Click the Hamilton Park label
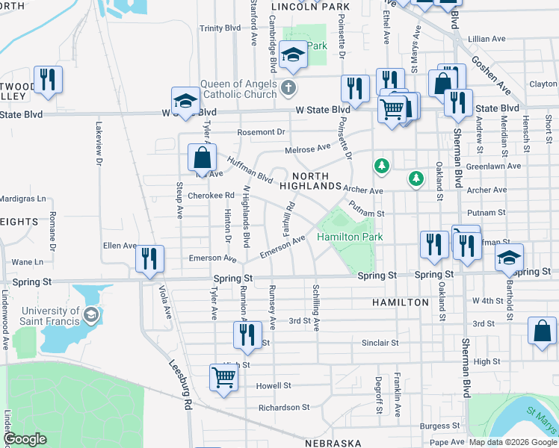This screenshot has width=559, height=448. [350, 237]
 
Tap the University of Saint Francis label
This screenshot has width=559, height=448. [50, 316]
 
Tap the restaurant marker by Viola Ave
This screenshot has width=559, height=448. [149, 258]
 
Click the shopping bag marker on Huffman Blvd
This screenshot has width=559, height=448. [202, 158]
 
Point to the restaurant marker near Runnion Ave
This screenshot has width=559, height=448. [248, 335]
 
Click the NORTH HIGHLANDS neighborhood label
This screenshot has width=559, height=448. [315, 181]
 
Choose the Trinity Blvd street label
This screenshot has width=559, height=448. [220, 28]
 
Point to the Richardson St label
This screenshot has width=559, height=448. [284, 408]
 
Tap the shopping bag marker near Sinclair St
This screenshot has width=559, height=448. [542, 332]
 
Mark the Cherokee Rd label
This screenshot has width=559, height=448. [211, 196]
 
